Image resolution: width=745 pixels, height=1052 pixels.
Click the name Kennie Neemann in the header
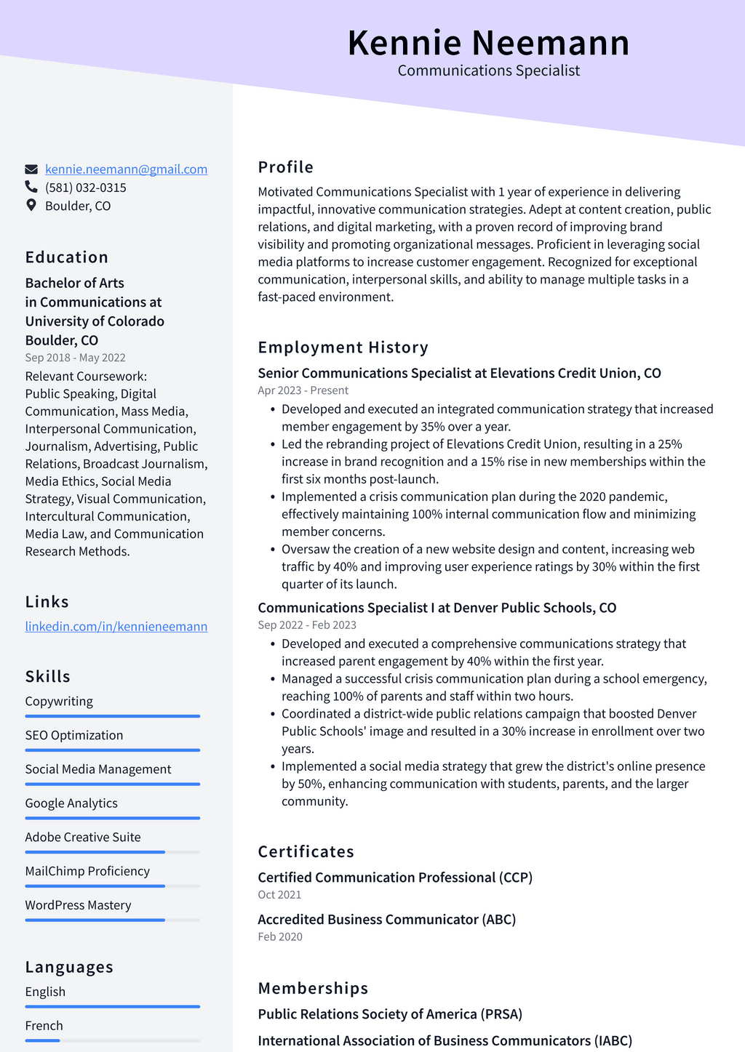pyautogui.click(x=488, y=43)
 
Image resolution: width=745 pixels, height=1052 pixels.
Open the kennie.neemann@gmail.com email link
pyautogui.click(x=126, y=169)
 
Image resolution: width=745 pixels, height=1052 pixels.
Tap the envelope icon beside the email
pyautogui.click(x=31, y=169)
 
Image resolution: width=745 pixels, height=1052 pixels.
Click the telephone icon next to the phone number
pyautogui.click(x=31, y=187)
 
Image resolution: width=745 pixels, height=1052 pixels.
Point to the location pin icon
pyautogui.click(x=31, y=205)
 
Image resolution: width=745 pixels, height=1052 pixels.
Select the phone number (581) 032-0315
pyautogui.click(x=86, y=188)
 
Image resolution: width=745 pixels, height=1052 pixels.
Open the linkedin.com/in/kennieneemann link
pyautogui.click(x=116, y=627)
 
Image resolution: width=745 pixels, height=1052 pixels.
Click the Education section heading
pyautogui.click(x=67, y=257)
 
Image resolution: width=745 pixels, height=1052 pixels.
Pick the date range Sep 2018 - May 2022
pyautogui.click(x=75, y=358)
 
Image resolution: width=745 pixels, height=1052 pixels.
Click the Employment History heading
pyautogui.click(x=343, y=348)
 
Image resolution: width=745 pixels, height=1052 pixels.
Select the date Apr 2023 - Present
pyautogui.click(x=303, y=390)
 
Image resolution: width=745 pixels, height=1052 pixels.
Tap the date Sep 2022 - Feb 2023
pyautogui.click(x=307, y=625)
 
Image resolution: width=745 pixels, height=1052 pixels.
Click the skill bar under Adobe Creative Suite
pyautogui.click(x=112, y=852)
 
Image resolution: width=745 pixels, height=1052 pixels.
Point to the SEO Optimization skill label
pyautogui.click(x=74, y=735)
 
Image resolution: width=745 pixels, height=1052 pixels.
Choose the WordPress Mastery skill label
pyautogui.click(x=78, y=905)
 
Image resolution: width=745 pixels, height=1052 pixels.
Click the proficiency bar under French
pyautogui.click(x=112, y=1040)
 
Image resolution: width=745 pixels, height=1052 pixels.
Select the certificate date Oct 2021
pyautogui.click(x=279, y=895)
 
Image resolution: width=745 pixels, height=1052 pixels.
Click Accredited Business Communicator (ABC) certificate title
pyautogui.click(x=386, y=920)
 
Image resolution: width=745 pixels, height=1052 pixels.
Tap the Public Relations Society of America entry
pyautogui.click(x=390, y=1014)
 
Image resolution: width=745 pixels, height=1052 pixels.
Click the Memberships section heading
pyautogui.click(x=313, y=988)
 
